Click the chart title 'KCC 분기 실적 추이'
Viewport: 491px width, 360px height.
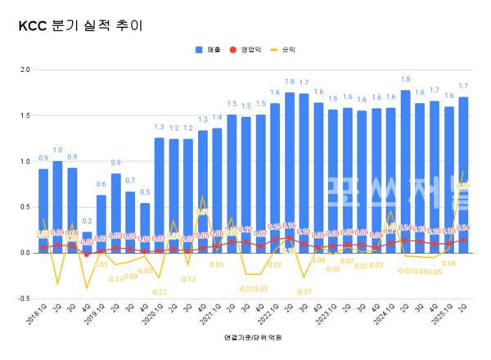(80, 25)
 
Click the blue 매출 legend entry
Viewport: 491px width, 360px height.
(208, 50)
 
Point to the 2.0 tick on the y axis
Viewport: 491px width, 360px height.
(24, 70)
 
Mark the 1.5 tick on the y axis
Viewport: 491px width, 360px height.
(24, 115)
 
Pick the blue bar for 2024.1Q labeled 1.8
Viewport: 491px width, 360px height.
(406, 172)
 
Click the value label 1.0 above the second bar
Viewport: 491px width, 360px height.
(57, 151)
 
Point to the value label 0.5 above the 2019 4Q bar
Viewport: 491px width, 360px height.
(145, 192)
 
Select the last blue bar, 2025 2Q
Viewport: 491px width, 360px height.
(464, 175)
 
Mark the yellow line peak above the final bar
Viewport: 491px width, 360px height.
(464, 173)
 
